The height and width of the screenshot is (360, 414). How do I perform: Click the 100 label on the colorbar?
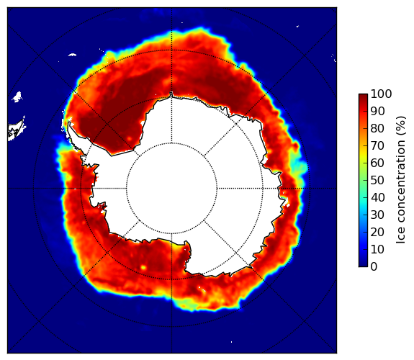pos(381,94)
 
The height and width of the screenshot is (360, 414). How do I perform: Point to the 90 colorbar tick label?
pos(377,111)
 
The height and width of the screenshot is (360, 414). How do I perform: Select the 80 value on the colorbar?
pos(377,128)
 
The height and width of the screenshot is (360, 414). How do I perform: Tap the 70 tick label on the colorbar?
pos(377,145)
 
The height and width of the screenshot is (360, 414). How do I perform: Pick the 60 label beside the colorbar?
pos(377,163)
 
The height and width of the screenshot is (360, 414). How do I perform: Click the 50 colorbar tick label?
pos(377,180)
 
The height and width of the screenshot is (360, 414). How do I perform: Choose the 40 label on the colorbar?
pos(377,197)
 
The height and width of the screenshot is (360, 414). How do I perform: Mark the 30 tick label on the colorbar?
pos(377,215)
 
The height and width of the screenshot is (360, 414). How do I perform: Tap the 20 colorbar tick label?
pos(377,232)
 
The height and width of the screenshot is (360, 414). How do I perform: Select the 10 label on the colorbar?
pos(377,249)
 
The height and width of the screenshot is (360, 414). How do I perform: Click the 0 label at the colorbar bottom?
pos(374,266)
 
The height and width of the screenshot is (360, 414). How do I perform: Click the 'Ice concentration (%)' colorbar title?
pos(401,180)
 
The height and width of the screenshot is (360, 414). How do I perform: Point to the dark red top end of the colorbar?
pos(363,96)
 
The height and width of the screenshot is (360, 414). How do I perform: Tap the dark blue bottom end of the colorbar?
pos(363,265)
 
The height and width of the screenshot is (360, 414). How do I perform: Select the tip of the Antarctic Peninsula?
pos(69,123)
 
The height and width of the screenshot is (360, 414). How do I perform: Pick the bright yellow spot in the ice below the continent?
pos(143,267)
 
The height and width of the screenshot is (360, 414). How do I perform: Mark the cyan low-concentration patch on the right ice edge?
pos(300,167)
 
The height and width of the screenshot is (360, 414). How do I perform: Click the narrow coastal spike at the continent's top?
pos(171,94)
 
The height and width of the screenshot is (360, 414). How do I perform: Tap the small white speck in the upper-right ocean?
pos(297,26)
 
